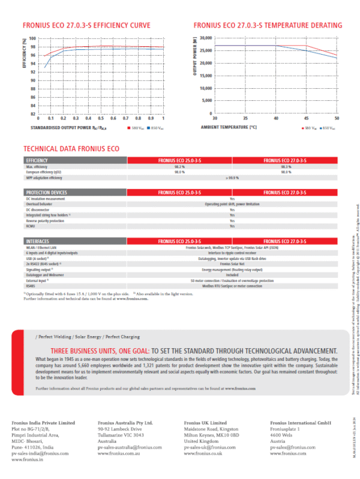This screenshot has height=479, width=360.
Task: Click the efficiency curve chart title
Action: pos(86,26)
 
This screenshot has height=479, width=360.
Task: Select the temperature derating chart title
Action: pos(268,26)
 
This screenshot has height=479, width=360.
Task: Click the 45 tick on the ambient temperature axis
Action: pos(306,119)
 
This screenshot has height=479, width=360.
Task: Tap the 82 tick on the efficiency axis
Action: pos(32,113)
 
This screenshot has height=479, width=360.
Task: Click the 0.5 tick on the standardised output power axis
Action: pos(101,119)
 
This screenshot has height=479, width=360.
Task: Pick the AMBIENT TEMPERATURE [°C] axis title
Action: pos(229,128)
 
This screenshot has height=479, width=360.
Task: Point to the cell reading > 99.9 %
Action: pos(232,178)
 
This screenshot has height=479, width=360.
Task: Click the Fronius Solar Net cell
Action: pos(232,264)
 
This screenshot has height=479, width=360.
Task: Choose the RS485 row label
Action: pos(31,286)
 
